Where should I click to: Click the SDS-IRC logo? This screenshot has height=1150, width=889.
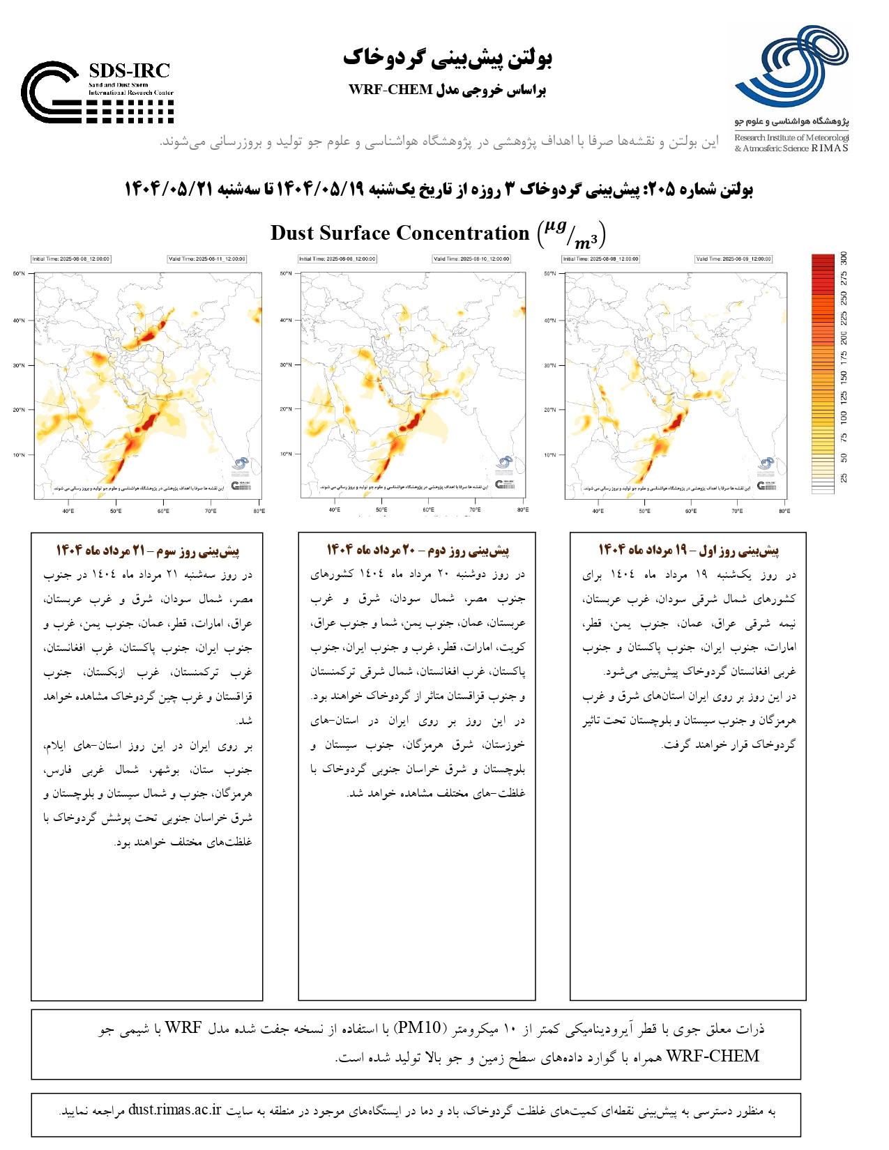(x=97, y=92)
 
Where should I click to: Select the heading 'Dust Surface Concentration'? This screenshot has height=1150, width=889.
(x=400, y=233)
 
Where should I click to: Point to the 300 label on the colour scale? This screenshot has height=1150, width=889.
(x=844, y=258)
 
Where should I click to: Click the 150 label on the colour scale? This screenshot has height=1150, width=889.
(x=844, y=377)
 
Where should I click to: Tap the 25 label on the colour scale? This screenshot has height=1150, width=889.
(x=844, y=478)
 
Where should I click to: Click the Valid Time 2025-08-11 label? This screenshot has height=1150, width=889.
(x=206, y=259)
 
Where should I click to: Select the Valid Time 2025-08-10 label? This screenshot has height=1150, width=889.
(x=471, y=259)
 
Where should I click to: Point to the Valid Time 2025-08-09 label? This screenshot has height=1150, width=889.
(x=734, y=259)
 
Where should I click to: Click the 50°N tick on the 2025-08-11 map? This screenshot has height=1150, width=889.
(x=19, y=274)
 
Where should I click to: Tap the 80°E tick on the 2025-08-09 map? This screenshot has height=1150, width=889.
(x=784, y=511)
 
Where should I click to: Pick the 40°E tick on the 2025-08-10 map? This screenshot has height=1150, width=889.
(x=335, y=509)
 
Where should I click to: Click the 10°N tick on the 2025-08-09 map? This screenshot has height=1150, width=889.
(x=550, y=455)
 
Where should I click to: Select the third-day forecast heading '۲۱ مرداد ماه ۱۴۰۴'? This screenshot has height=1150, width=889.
(x=147, y=551)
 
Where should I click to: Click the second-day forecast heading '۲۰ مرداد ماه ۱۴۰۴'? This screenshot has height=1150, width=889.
(x=418, y=550)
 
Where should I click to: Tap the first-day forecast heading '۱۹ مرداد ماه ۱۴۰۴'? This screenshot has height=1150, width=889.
(x=688, y=550)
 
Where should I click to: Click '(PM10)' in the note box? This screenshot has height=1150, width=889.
(x=418, y=1028)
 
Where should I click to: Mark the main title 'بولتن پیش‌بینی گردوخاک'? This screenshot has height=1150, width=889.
(x=447, y=58)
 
